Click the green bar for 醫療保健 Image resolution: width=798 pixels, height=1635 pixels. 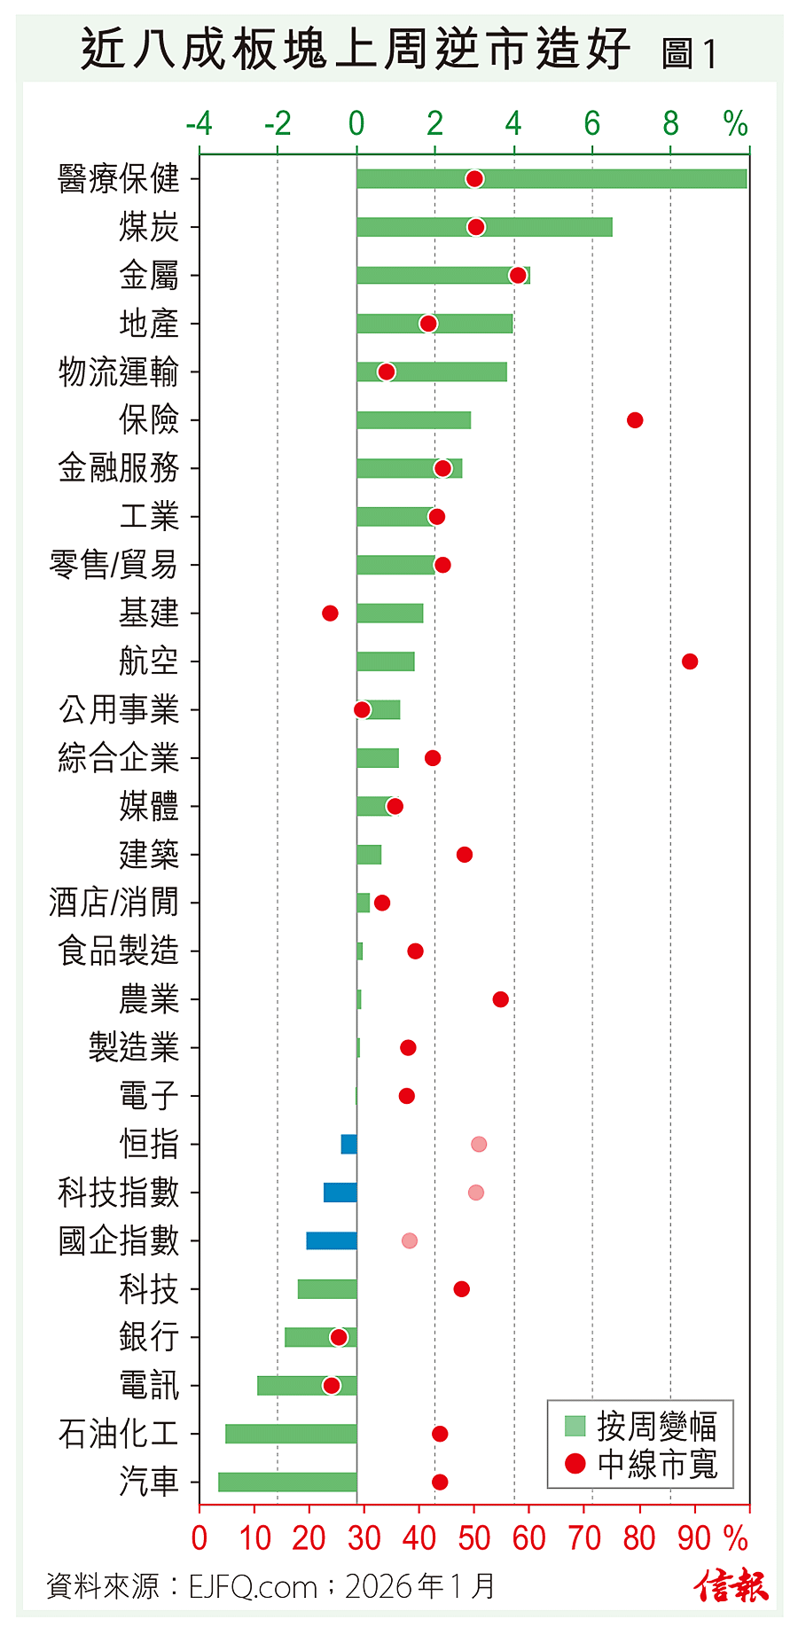click(603, 179)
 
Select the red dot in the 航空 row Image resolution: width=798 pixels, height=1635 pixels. click(690, 661)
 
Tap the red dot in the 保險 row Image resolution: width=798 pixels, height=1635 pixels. click(635, 420)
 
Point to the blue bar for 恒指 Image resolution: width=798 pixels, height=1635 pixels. click(348, 1144)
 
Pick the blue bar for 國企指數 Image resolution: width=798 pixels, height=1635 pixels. click(332, 1240)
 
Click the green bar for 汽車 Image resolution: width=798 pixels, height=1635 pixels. click(287, 1482)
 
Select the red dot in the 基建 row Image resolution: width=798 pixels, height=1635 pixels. click(330, 614)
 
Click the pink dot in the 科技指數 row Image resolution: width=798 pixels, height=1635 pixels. click(476, 1193)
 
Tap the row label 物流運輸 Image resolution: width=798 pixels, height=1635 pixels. click(119, 372)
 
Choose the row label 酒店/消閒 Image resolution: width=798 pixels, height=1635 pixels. click(113, 903)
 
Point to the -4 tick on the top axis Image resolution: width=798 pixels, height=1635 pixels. click(199, 124)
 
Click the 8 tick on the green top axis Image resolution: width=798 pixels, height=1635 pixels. click(670, 124)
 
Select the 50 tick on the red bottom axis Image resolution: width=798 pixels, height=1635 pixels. click(473, 1538)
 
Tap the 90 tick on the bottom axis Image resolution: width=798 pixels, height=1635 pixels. click(694, 1538)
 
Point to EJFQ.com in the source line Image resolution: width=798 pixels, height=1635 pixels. click(253, 1586)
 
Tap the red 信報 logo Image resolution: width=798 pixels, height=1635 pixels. click(731, 1585)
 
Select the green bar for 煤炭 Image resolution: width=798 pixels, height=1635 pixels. click(484, 227)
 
